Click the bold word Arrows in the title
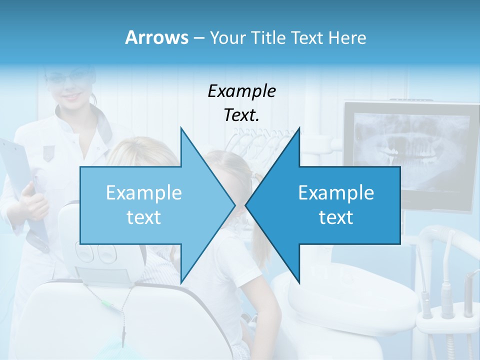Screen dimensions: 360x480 156,37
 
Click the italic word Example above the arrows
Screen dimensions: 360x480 241,91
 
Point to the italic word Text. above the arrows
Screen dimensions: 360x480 241,115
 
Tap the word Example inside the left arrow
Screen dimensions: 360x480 144,192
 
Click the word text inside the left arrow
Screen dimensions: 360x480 144,217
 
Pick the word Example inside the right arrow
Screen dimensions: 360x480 336,192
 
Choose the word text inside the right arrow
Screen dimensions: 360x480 336,217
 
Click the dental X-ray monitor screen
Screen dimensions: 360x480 410,150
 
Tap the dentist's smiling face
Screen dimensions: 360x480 70,87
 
